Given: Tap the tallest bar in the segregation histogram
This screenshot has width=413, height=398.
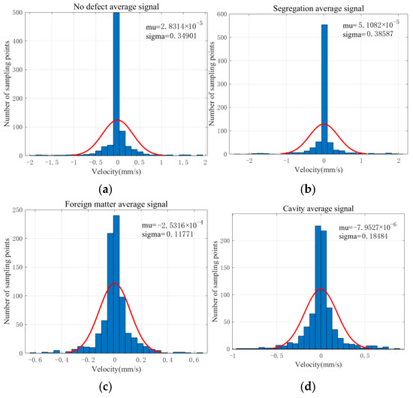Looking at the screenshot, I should tap(324, 90).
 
